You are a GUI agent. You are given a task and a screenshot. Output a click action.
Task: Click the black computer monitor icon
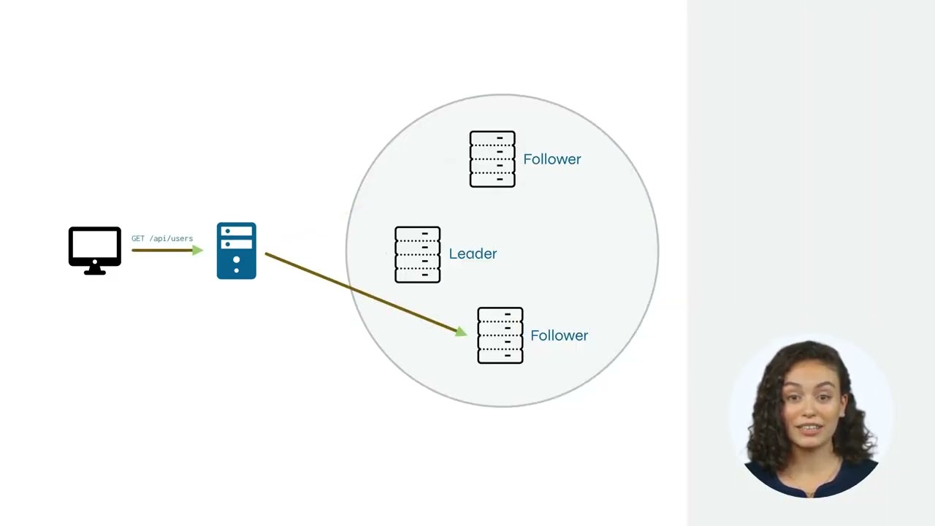pyautogui.click(x=95, y=251)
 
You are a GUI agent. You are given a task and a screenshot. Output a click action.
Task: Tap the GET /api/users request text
pyautogui.click(x=162, y=238)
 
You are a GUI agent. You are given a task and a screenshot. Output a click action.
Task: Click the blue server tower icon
pyautogui.click(x=236, y=251)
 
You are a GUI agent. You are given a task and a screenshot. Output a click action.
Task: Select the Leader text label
pyautogui.click(x=473, y=254)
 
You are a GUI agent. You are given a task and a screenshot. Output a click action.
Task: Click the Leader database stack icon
pyautogui.click(x=417, y=255)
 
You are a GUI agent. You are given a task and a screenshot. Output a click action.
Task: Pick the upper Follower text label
pyautogui.click(x=552, y=159)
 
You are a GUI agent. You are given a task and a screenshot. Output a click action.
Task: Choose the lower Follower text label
pyautogui.click(x=559, y=335)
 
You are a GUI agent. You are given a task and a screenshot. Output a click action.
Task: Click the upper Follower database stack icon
pyautogui.click(x=492, y=159)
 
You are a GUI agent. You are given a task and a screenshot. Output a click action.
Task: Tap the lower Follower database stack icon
pyautogui.click(x=500, y=335)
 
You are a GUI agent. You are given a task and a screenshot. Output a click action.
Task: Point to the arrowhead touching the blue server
pyautogui.click(x=197, y=251)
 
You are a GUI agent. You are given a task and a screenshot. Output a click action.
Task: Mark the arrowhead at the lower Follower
pyautogui.click(x=461, y=332)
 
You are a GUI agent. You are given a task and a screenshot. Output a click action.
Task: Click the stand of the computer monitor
pyautogui.click(x=95, y=270)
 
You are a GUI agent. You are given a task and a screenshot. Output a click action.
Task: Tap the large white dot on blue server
pyautogui.click(x=236, y=259)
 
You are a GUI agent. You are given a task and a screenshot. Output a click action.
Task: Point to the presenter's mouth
pyautogui.click(x=809, y=429)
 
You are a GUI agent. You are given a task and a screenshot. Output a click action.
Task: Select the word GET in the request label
pyautogui.click(x=138, y=238)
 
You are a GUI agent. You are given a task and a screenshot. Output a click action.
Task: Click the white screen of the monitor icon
pyautogui.click(x=95, y=245)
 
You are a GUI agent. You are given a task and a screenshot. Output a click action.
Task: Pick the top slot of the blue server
pyautogui.click(x=236, y=231)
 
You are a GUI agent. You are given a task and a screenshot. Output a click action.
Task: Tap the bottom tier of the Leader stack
pyautogui.click(x=417, y=275)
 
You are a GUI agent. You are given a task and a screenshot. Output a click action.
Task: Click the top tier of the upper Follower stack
pyautogui.click(x=492, y=138)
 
